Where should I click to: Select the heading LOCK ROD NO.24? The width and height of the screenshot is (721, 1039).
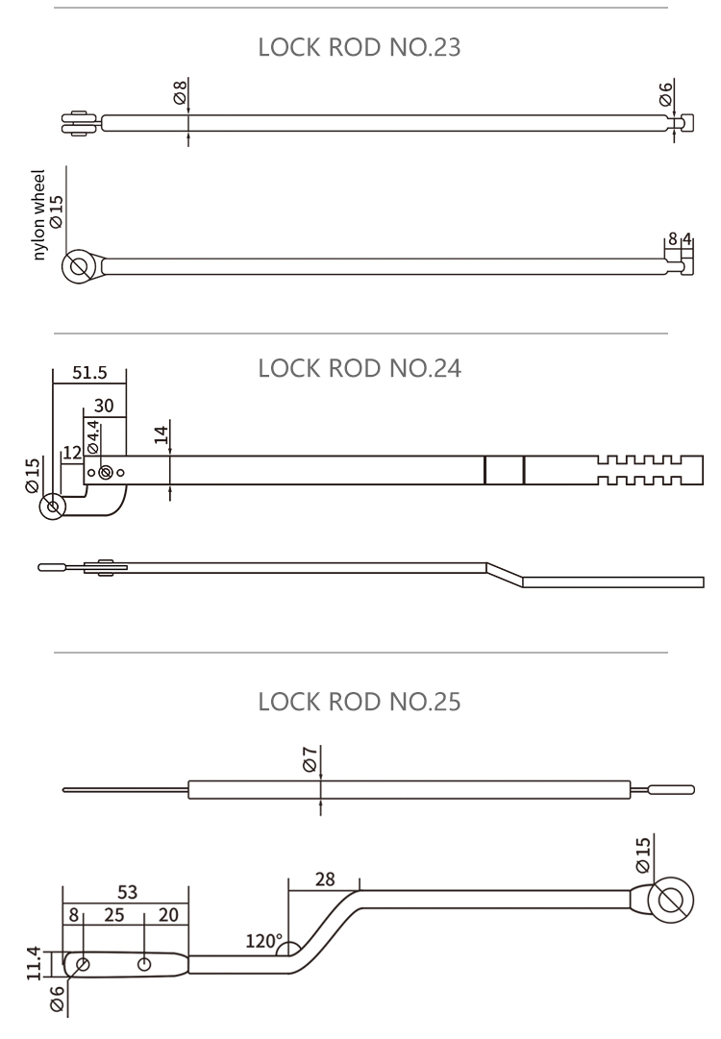pos(360,368)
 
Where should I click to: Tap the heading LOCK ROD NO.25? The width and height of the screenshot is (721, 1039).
pos(360,703)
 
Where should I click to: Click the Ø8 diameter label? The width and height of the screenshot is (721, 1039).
pos(179,93)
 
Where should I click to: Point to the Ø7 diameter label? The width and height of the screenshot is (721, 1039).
pos(309,759)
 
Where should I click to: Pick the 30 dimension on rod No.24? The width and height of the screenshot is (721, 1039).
pos(104,407)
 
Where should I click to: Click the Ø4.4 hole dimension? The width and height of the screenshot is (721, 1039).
pos(93,437)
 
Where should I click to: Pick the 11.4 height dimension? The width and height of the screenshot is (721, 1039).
pos(34,962)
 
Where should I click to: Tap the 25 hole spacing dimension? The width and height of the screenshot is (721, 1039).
pos(113,915)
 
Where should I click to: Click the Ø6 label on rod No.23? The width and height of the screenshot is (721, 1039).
pos(665,93)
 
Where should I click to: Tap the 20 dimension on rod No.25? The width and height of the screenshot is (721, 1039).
pos(168,915)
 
